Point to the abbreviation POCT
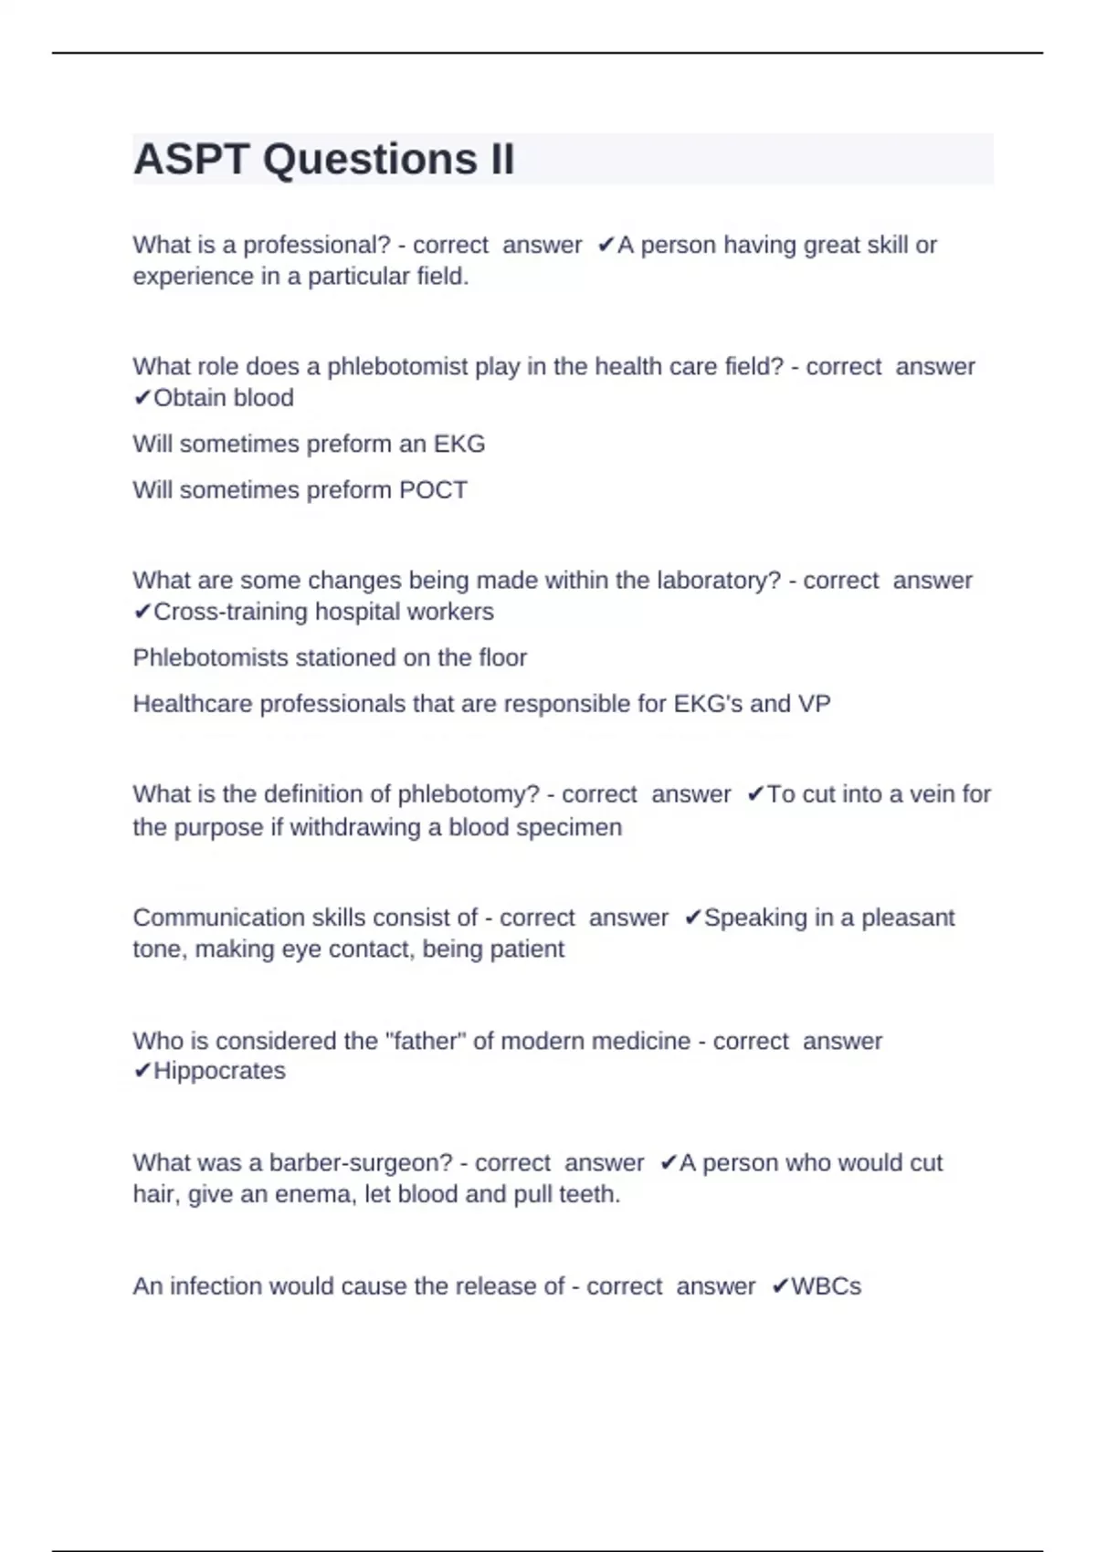pos(433,490)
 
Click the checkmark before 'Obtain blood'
pos(142,398)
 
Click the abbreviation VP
pos(815,704)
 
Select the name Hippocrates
pos(219,1071)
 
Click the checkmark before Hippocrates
pos(142,1071)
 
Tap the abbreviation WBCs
pos(826,1286)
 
